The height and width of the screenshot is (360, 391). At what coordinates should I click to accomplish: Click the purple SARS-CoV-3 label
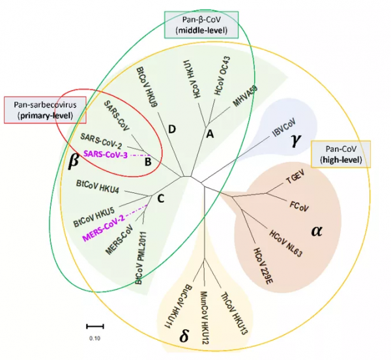tap(105, 154)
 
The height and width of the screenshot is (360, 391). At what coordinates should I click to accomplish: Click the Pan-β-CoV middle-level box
tap(201, 24)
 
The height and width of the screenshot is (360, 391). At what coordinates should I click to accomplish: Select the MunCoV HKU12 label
tap(203, 308)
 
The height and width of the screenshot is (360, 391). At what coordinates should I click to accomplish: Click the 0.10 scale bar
tap(94, 324)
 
